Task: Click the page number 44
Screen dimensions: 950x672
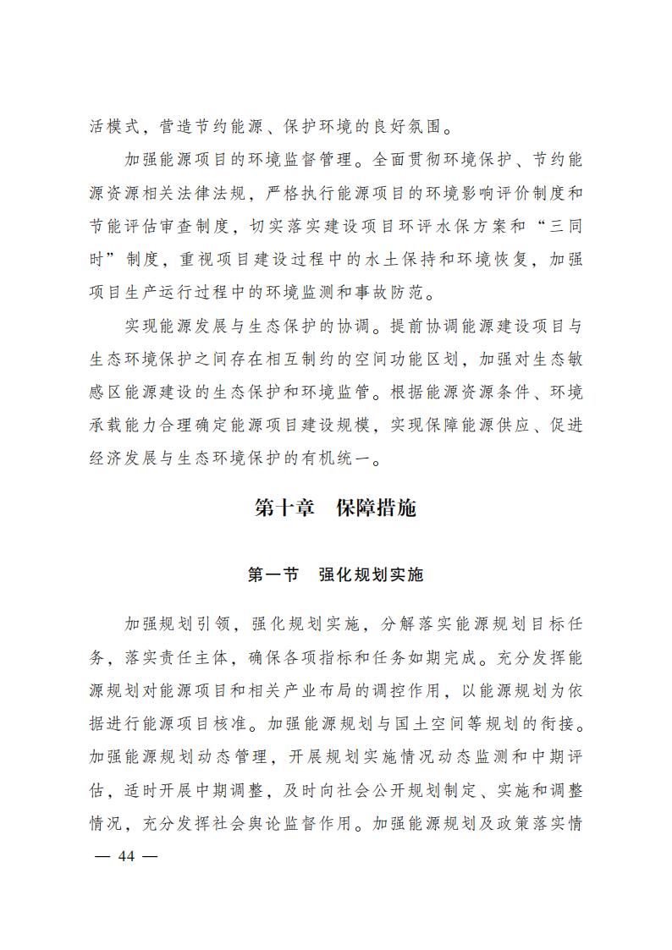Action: pyautogui.click(x=127, y=855)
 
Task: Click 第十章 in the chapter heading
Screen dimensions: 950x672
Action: pyautogui.click(x=284, y=508)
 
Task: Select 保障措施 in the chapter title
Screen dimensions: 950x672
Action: pyautogui.click(x=376, y=508)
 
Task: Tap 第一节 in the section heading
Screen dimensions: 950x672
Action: pyautogui.click(x=273, y=575)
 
